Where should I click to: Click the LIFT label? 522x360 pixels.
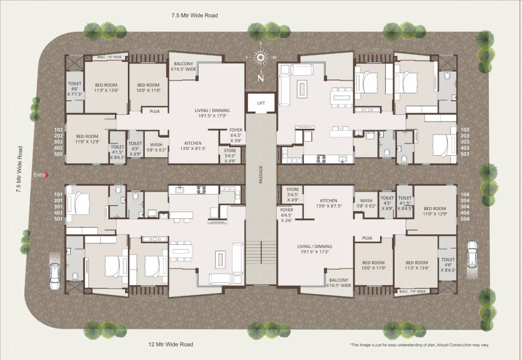pos(261,103)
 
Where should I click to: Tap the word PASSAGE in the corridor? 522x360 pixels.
pos(261,174)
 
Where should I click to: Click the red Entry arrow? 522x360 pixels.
pos(47,175)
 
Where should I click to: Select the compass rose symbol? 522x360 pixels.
pos(260,58)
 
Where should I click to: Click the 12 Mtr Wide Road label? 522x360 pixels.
pos(171,345)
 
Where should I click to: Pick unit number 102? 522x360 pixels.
pos(59,130)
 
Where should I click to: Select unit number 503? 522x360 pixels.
pos(465,154)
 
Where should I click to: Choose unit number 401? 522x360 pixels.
pos(59,212)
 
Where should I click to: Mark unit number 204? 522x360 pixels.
pos(465,200)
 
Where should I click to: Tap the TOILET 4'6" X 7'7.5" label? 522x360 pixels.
pos(75,89)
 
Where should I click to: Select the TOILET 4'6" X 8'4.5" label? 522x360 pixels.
pos(447,264)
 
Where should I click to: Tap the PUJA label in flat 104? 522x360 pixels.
pos(367,238)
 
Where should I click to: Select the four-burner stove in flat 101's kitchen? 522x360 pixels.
pos(201,190)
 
